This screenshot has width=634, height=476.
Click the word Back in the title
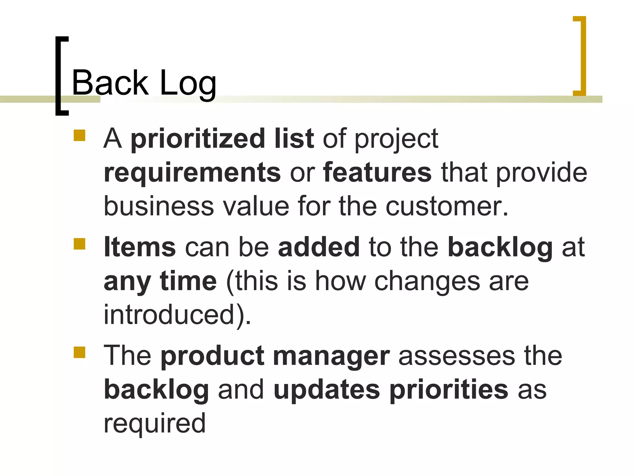[110, 82]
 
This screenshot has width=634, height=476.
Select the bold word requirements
[192, 173]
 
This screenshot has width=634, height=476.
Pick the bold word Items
[140, 247]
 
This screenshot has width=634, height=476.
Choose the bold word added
[319, 247]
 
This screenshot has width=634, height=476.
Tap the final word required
[154, 424]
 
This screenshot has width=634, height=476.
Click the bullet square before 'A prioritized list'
[80, 135]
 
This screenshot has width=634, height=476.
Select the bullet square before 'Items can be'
[80, 244]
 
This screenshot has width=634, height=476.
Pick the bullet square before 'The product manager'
[80, 352]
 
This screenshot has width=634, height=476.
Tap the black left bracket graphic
[60, 76]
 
